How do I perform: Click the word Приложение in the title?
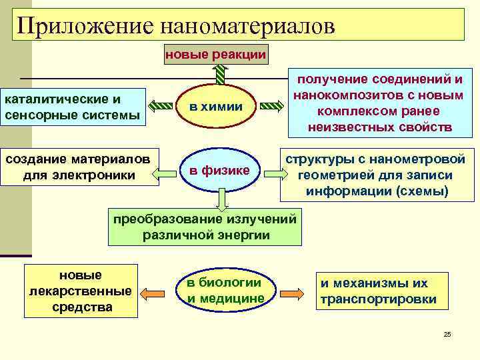pyautogui.click(x=83, y=25)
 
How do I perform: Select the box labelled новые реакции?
pyautogui.click(x=216, y=54)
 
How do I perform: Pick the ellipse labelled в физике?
pyautogui.click(x=219, y=171)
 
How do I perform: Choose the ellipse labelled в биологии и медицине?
pyautogui.click(x=225, y=291)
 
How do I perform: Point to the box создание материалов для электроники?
pyautogui.click(x=80, y=167)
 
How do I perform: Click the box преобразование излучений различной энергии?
pyautogui.click(x=205, y=227)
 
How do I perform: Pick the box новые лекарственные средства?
pyautogui.click(x=81, y=291)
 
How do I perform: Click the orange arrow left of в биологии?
pyautogui.click(x=154, y=293)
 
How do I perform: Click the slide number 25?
pyautogui.click(x=447, y=334)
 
